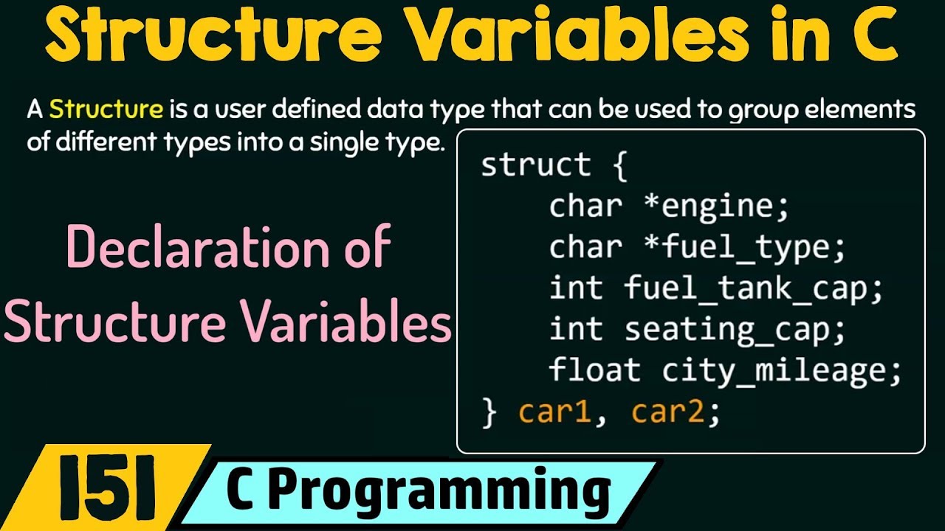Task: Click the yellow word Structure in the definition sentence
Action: click(x=106, y=109)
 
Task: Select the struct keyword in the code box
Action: click(x=536, y=164)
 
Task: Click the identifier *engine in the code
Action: click(x=716, y=206)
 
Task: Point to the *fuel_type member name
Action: click(x=745, y=249)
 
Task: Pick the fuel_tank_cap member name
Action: click(x=753, y=288)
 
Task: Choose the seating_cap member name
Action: click(x=735, y=330)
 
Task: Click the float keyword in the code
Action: click(x=595, y=369)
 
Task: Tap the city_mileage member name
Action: click(x=781, y=372)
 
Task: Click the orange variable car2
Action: click(x=668, y=412)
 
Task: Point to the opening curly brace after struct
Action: click(x=619, y=166)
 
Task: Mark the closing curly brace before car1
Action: click(x=489, y=414)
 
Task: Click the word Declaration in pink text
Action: click(x=198, y=247)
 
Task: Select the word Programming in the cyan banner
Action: click(x=439, y=492)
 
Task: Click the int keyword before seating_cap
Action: click(x=576, y=329)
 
